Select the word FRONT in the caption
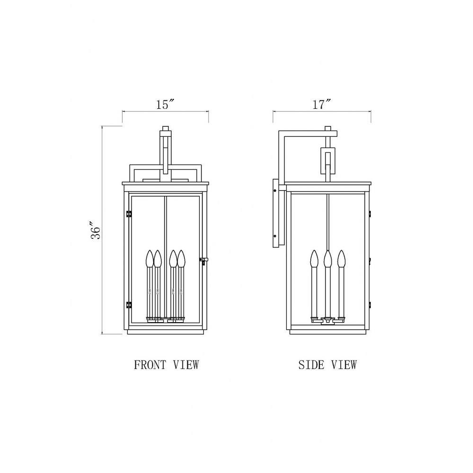(150, 365)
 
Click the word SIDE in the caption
(311, 365)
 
